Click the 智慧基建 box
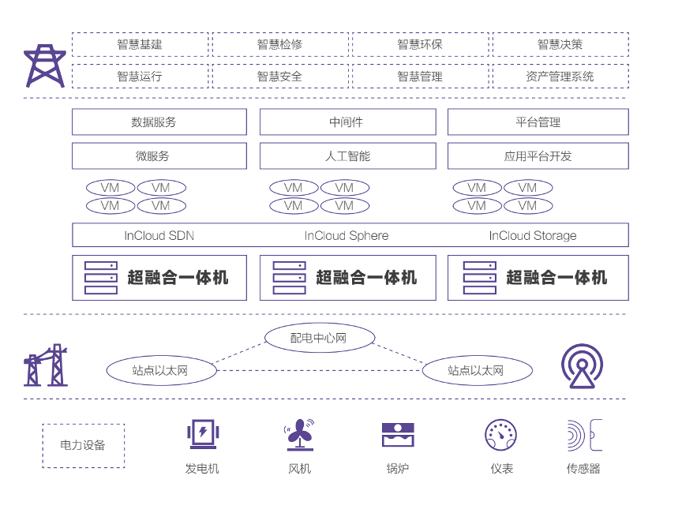tap(140, 44)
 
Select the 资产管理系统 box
tap(560, 77)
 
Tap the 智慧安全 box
tap(279, 77)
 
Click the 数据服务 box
tap(159, 122)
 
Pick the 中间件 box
tap(347, 122)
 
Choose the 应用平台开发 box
tap(538, 156)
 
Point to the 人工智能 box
tap(347, 156)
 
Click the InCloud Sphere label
tap(347, 235)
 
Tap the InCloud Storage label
tap(533, 235)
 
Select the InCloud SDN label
tap(159, 235)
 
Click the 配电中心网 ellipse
tap(319, 338)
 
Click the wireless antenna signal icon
tap(583, 365)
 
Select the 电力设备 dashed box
tap(83, 445)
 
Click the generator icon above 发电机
tap(202, 433)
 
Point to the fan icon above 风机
tap(299, 433)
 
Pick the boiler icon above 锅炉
tap(398, 434)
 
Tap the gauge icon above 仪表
tap(501, 435)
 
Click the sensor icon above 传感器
tap(583, 435)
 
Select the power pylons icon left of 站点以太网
tap(46, 365)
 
